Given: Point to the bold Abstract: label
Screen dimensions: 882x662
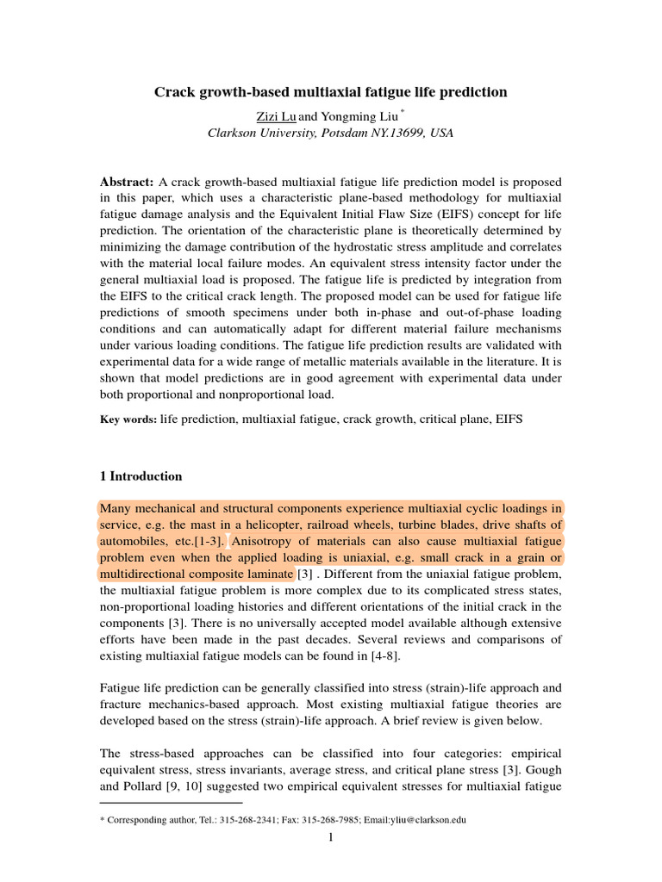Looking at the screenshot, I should click(x=127, y=183).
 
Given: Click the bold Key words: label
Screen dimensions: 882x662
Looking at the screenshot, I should click(x=128, y=419).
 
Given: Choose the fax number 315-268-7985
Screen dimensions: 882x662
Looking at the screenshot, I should click(x=316, y=820).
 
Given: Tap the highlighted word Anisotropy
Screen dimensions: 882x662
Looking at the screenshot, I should click(x=265, y=542).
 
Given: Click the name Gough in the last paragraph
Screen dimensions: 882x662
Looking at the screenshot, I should click(x=540, y=771).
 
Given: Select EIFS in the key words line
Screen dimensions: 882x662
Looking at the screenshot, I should click(x=504, y=419).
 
